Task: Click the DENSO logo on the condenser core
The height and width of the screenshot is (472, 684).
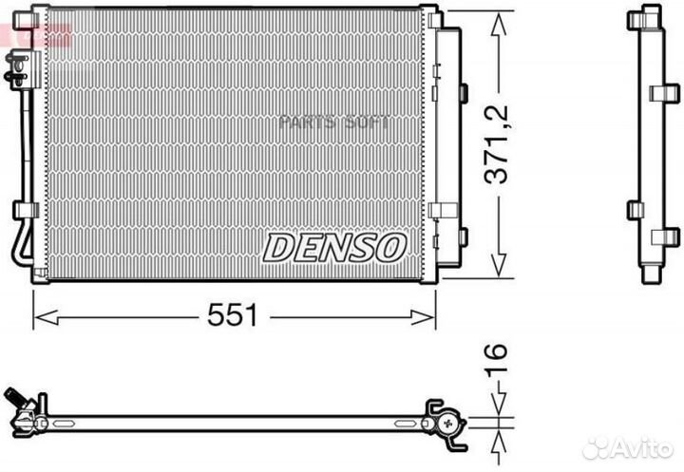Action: [x=334, y=248]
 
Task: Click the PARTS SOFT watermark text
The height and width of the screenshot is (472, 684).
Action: [x=333, y=122]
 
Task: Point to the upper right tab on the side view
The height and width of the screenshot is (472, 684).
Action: [x=666, y=92]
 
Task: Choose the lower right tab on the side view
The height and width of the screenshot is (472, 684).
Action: [x=666, y=236]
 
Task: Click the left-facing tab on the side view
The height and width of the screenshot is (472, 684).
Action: [x=635, y=210]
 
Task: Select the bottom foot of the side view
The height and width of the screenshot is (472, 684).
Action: [x=651, y=274]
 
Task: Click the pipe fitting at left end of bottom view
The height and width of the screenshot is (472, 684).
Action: [x=23, y=409]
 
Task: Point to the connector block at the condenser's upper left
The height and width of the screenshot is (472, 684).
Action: [x=18, y=67]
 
